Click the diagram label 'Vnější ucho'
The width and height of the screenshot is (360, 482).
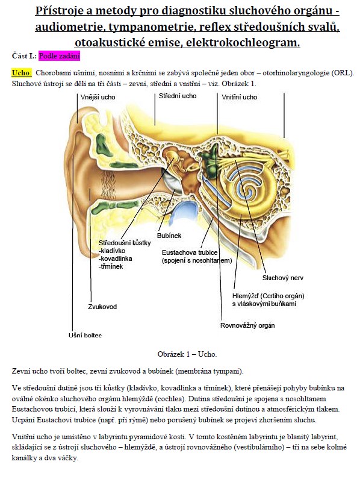(98, 97)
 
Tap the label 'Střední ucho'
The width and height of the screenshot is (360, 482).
(178, 96)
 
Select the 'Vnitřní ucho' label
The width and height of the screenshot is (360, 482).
(239, 97)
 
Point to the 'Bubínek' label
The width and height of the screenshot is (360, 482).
(169, 236)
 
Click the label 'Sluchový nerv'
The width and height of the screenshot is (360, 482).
(282, 278)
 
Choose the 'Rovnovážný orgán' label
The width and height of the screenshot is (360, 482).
(247, 325)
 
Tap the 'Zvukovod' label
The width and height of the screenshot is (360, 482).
(102, 307)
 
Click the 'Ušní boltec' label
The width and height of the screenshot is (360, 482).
(85, 336)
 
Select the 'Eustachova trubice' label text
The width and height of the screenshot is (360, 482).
(190, 252)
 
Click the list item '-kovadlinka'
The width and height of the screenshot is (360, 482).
(116, 258)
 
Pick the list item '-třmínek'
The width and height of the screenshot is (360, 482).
(111, 266)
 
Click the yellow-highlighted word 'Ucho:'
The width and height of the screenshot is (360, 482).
(22, 73)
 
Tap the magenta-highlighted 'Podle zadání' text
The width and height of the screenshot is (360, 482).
(59, 56)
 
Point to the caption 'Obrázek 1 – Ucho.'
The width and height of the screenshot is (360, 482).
(187, 354)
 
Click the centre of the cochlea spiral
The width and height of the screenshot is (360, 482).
(247, 190)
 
